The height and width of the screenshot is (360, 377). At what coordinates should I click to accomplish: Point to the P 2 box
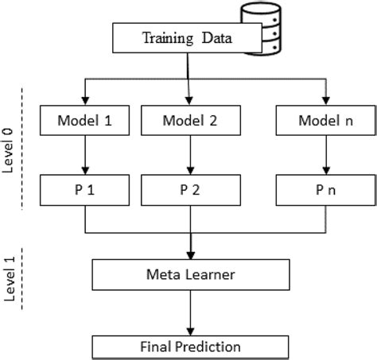(x=188, y=191)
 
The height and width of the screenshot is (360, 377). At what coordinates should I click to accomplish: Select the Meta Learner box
(x=188, y=275)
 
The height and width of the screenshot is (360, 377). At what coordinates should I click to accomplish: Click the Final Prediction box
(x=188, y=346)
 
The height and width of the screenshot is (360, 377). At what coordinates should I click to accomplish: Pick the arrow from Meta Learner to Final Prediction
(x=188, y=312)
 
